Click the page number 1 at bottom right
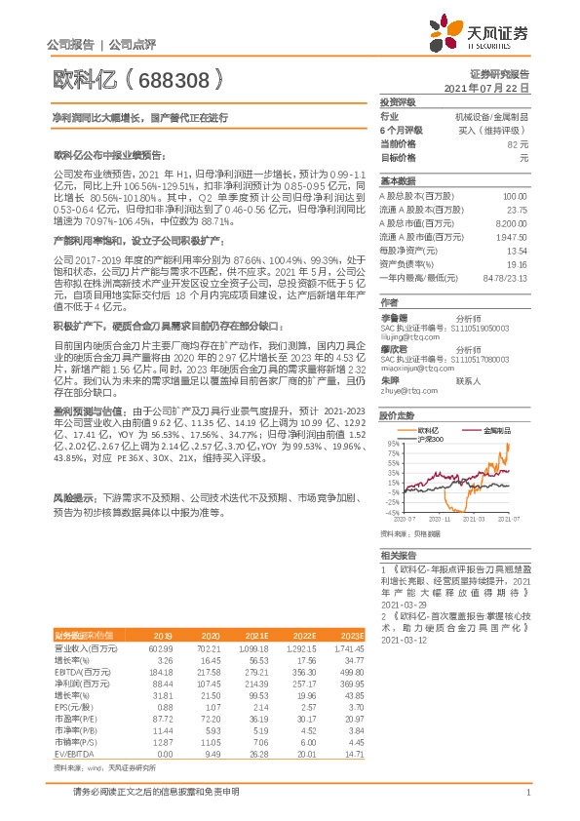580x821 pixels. tap(527, 802)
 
